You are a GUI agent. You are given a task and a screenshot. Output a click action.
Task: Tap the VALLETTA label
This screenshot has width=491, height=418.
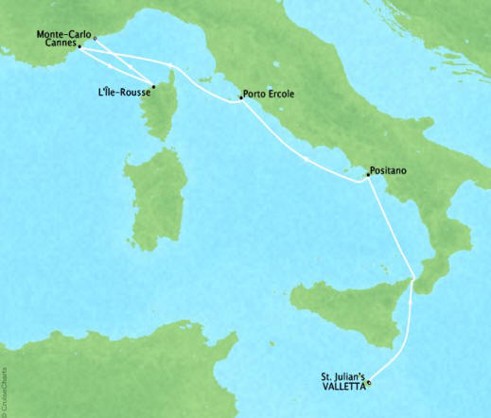click(x=342, y=385)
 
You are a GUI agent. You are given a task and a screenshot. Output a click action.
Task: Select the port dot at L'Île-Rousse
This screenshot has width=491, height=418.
click(x=153, y=84)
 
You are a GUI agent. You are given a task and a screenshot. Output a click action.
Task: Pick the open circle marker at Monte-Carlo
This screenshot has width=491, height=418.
click(x=96, y=39)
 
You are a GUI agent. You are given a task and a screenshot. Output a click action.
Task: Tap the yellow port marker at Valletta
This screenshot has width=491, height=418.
click(x=369, y=383)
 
